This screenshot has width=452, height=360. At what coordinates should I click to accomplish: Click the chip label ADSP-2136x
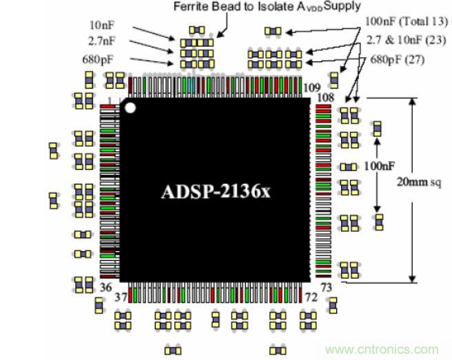pyautogui.click(x=216, y=191)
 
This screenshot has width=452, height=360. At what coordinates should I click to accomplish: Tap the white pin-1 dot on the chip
pyautogui.click(x=130, y=107)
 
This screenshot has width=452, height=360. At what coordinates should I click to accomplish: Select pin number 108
pyautogui.click(x=325, y=98)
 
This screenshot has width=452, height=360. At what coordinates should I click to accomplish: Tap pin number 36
pyautogui.click(x=106, y=286)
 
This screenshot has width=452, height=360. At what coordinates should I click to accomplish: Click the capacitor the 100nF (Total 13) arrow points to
pyautogui.click(x=274, y=31)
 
